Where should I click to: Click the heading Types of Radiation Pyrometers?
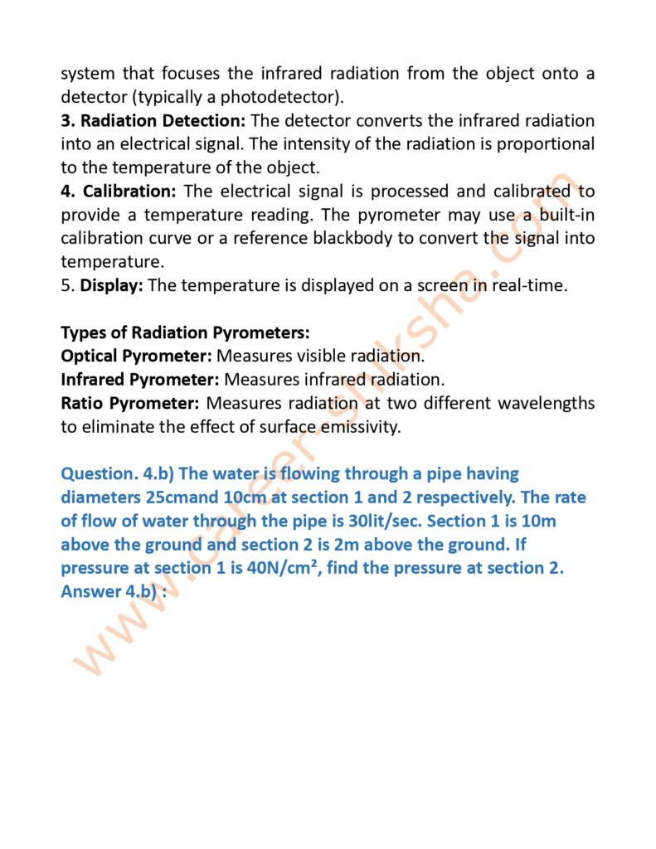pyautogui.click(x=185, y=333)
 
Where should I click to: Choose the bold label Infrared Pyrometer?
pyautogui.click(x=139, y=381)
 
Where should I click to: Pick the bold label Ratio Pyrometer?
pyautogui.click(x=129, y=404)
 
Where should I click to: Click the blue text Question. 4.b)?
pyautogui.click(x=116, y=474)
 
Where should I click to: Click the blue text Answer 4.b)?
pyautogui.click(x=114, y=593)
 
